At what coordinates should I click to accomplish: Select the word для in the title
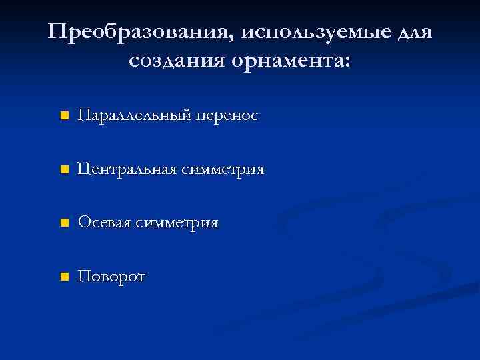pyautogui.click(x=413, y=32)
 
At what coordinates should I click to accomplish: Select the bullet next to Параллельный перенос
pyautogui.click(x=63, y=116)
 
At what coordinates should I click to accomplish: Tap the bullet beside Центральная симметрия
pyautogui.click(x=63, y=170)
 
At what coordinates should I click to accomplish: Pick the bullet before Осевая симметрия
pyautogui.click(x=63, y=223)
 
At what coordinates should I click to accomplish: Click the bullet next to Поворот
pyautogui.click(x=63, y=277)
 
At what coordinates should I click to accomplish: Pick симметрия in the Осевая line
pyautogui.click(x=177, y=223)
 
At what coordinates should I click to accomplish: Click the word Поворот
pyautogui.click(x=111, y=277)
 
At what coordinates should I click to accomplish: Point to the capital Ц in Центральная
pyautogui.click(x=83, y=170)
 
